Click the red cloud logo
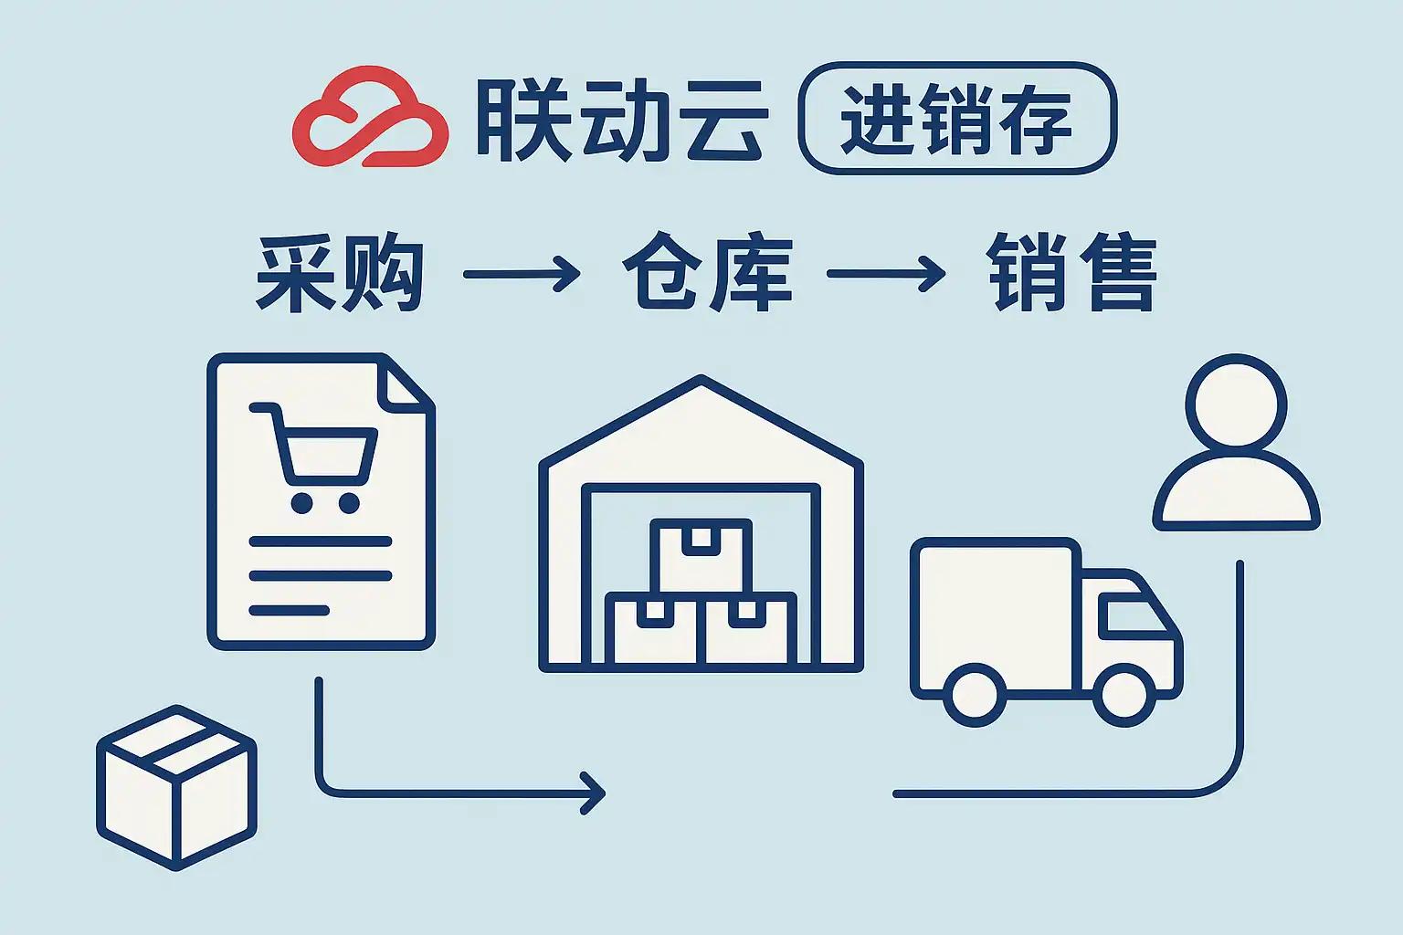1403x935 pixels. [370, 117]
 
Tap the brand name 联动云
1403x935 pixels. [622, 119]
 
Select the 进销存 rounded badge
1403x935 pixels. [957, 119]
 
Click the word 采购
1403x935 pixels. [340, 272]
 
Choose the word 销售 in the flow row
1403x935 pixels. [1071, 272]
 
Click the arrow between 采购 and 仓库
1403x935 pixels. [522, 274]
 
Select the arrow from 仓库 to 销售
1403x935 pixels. [886, 273]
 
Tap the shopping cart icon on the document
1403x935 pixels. [314, 457]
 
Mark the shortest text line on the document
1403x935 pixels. [290, 610]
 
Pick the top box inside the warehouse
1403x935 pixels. [701, 555]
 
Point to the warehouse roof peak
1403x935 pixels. [701, 378]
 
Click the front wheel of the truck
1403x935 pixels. [1124, 695]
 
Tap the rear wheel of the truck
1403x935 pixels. [975, 695]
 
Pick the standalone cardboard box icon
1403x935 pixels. [176, 788]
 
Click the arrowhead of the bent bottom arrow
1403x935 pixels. [593, 793]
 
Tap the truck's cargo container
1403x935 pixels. [996, 616]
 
